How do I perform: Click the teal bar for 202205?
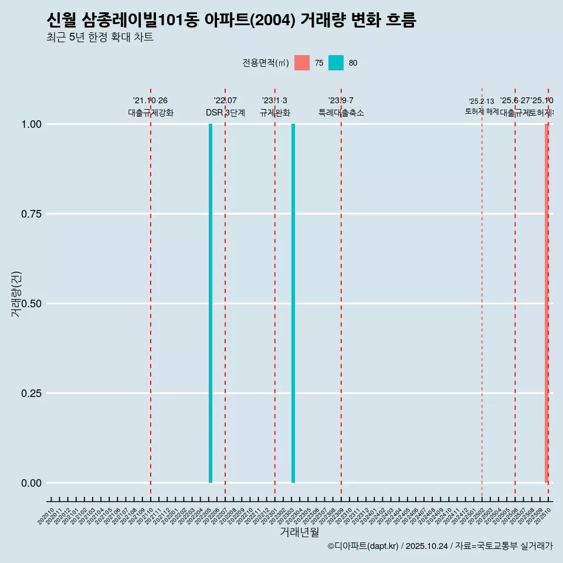pyautogui.click(x=211, y=303)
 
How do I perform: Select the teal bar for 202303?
pyautogui.click(x=293, y=303)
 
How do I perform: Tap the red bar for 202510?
pyautogui.click(x=547, y=303)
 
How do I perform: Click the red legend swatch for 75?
pyautogui.click(x=302, y=63)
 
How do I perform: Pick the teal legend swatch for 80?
pyautogui.click(x=336, y=63)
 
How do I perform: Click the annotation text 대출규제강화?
pyautogui.click(x=151, y=113)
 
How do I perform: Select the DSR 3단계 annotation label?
pyautogui.click(x=225, y=113)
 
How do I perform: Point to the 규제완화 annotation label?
pyautogui.click(x=275, y=113)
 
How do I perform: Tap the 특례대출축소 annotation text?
pyautogui.click(x=341, y=113)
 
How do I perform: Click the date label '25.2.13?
pyautogui.click(x=481, y=101)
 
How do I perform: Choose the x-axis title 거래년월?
pyautogui.click(x=300, y=532)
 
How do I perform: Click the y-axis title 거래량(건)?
pyautogui.click(x=16, y=294)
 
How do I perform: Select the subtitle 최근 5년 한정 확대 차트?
pyautogui.click(x=100, y=38)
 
